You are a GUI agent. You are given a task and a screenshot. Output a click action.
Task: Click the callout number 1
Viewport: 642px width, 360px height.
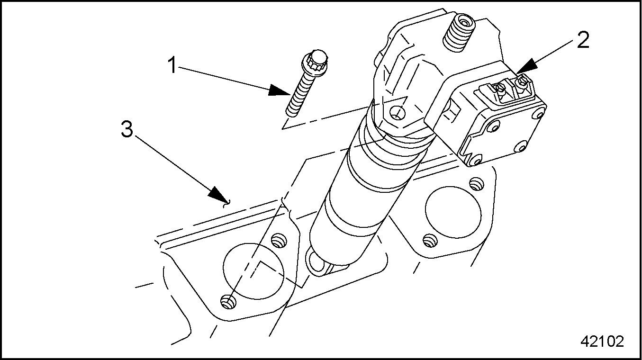coord(173,65)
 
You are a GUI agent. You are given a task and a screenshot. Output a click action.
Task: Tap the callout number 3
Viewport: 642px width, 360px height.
coord(127,129)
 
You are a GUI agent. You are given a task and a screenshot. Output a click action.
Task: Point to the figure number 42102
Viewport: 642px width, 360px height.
coord(602,341)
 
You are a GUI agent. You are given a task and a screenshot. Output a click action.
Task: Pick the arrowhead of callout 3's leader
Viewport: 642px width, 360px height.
coord(220,195)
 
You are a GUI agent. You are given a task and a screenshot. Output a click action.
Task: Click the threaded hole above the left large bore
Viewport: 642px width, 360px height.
coord(279,240)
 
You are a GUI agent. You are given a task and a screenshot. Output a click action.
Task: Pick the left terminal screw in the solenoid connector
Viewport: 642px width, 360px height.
coord(499,88)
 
